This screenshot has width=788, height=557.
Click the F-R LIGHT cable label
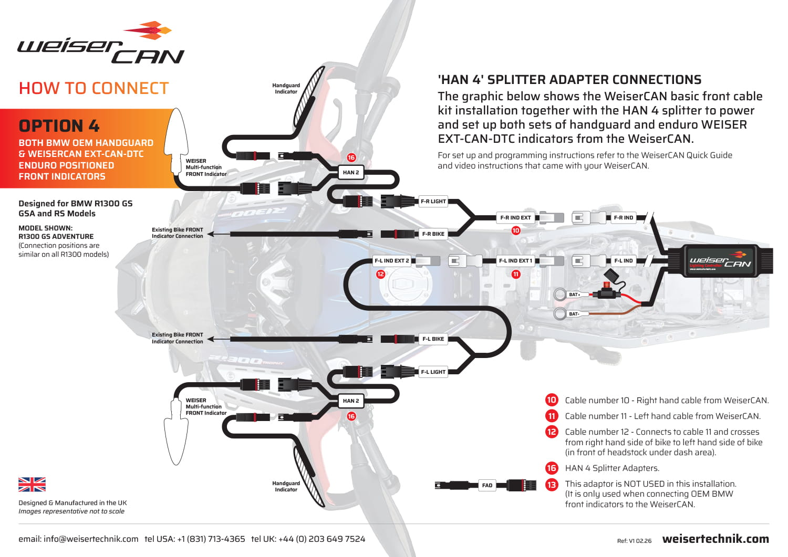[433, 202]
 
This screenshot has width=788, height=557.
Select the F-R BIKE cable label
[433, 234]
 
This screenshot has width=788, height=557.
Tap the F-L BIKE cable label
[433, 339]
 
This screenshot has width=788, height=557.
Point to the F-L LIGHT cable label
[433, 372]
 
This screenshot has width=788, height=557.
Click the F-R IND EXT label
[515, 218]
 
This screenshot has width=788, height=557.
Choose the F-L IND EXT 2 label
[391, 261]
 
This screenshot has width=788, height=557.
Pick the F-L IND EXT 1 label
[515, 261]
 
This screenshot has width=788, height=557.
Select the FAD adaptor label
[487, 486]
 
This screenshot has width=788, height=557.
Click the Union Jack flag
[32, 485]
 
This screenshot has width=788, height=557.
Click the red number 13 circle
[552, 485]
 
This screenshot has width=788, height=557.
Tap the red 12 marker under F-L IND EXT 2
[380, 274]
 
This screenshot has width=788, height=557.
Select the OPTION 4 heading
[59, 126]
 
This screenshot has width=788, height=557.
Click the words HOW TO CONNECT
[94, 88]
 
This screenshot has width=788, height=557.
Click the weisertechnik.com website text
[716, 539]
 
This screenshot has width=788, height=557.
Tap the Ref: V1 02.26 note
[634, 541]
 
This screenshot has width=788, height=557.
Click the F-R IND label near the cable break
[624, 218]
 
